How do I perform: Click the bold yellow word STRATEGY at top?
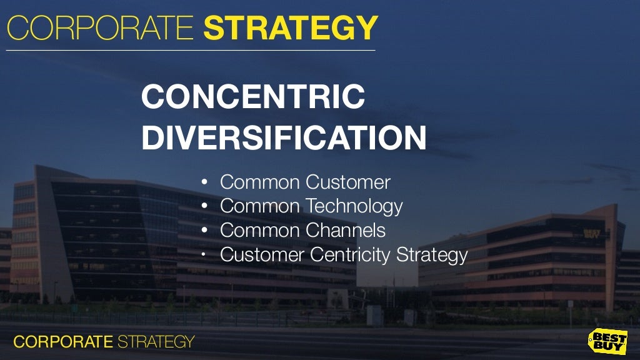[291, 28]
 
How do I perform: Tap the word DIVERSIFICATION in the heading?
[284, 139]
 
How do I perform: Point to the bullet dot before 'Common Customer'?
[204, 183]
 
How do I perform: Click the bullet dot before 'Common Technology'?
[204, 207]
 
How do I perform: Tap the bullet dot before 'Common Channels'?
[204, 231]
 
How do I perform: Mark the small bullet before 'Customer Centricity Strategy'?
[204, 254]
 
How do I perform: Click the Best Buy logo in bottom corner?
[607, 341]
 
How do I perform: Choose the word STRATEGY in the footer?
[156, 342]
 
